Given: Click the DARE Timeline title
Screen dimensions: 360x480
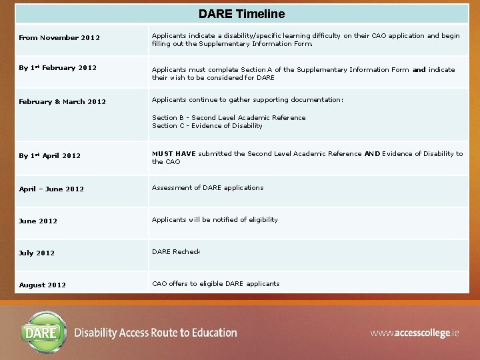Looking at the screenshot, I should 241,14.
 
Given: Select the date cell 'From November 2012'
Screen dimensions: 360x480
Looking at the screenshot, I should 59,38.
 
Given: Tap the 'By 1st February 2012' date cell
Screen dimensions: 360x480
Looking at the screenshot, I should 57,68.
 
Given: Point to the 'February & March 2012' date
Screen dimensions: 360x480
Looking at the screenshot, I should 62,102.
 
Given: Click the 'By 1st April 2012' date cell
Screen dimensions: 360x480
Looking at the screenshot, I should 49,156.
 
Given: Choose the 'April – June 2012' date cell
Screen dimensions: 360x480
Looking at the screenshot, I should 51,189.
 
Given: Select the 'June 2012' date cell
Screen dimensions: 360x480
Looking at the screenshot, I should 38,221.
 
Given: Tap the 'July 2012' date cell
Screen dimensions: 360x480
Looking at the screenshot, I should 37,253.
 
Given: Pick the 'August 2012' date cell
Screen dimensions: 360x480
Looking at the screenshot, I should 42,285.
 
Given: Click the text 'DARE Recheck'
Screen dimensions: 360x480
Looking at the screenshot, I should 176,252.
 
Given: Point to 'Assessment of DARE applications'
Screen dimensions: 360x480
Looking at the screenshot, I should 207,188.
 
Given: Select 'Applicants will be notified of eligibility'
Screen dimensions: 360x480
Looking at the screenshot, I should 215,220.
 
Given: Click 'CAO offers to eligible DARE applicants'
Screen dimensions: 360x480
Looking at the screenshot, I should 215,284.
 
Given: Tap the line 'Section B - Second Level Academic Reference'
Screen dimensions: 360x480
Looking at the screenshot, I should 229,118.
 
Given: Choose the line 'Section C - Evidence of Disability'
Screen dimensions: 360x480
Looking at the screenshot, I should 207,126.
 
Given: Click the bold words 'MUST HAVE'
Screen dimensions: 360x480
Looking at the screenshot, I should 173,154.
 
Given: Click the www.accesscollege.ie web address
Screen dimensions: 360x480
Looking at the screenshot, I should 415,333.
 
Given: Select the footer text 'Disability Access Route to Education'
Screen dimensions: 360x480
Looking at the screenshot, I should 155,333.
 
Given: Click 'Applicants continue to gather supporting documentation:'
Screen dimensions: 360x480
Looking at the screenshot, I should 247,100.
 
